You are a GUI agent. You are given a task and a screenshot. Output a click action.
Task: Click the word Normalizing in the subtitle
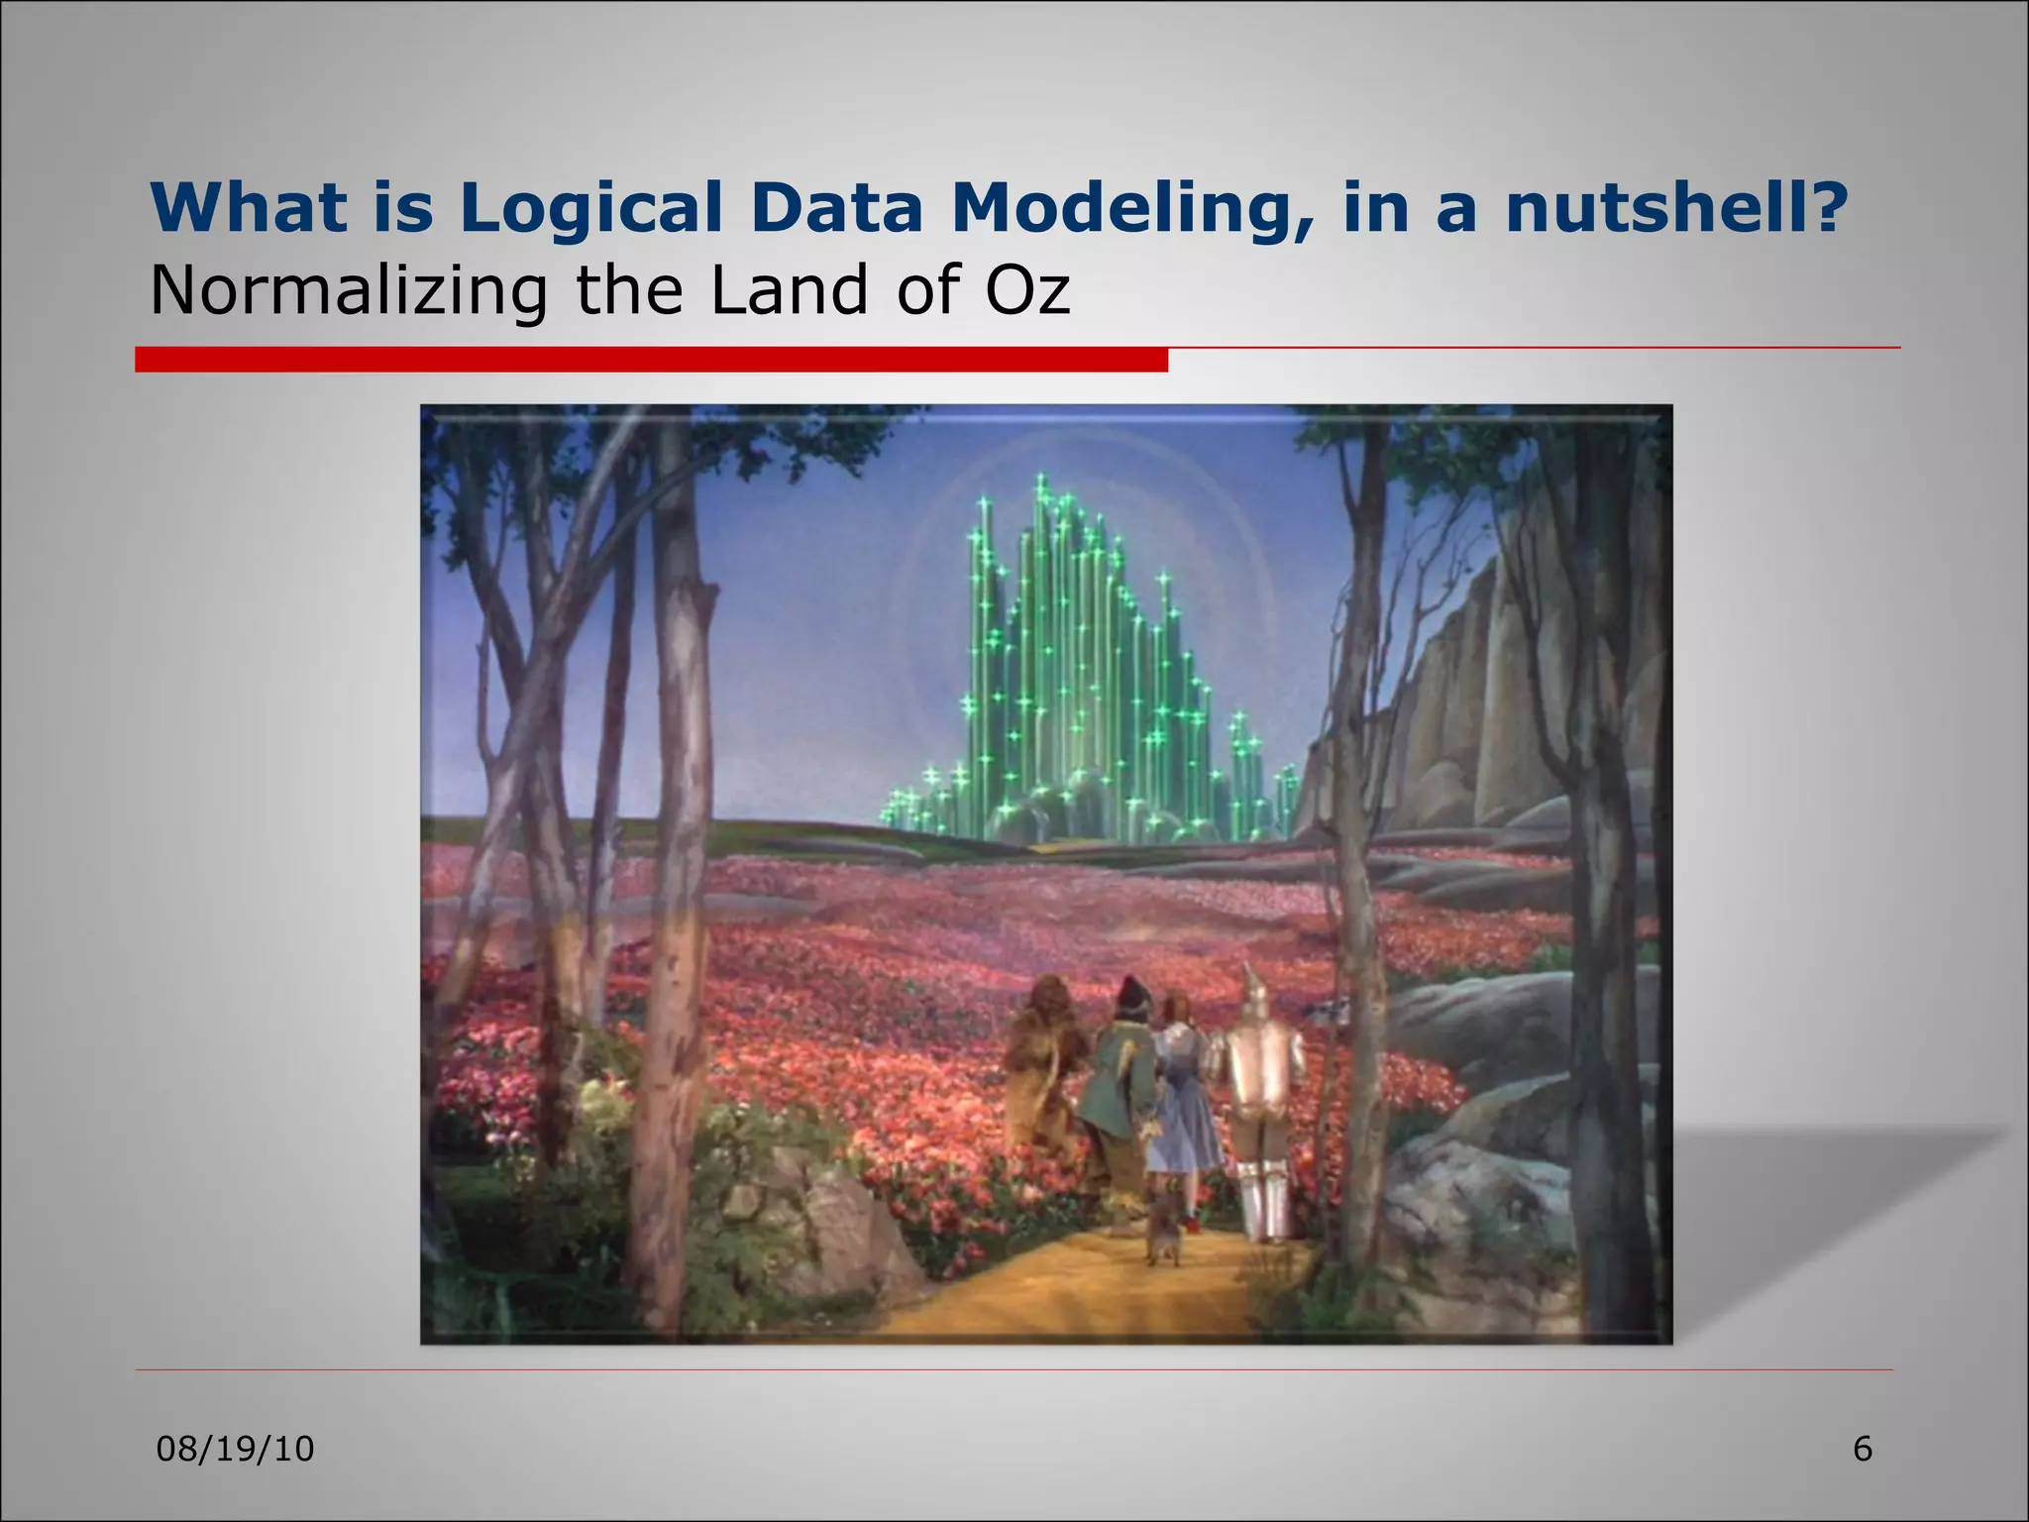point(348,290)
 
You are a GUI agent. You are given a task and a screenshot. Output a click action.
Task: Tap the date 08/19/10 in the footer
point(236,1450)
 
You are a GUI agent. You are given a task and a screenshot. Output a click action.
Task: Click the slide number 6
point(1863,1450)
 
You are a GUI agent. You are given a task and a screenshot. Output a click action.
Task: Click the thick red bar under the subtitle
point(651,360)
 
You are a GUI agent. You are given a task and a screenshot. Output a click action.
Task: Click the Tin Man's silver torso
point(1261,1070)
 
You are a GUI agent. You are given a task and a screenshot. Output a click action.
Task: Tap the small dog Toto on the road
point(1164,1239)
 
